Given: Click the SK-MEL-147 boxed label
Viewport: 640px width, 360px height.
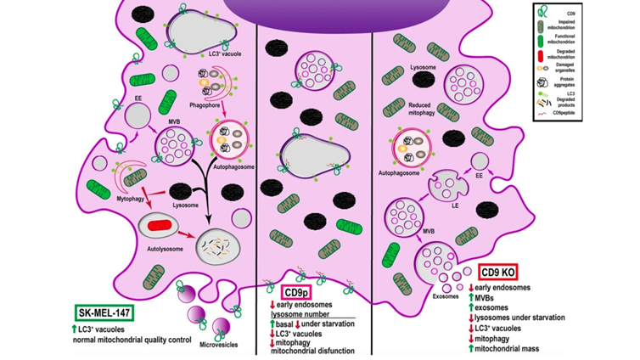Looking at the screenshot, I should point(106,312).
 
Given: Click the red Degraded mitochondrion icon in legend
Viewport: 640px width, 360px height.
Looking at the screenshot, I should point(547,55).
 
